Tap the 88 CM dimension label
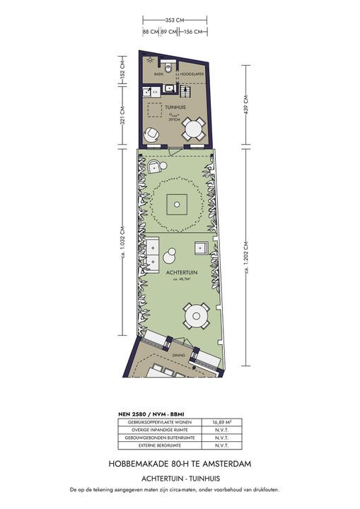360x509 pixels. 150,32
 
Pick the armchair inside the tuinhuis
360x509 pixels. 153,133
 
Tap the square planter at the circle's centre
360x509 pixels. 175,205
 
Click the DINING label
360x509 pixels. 178,356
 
